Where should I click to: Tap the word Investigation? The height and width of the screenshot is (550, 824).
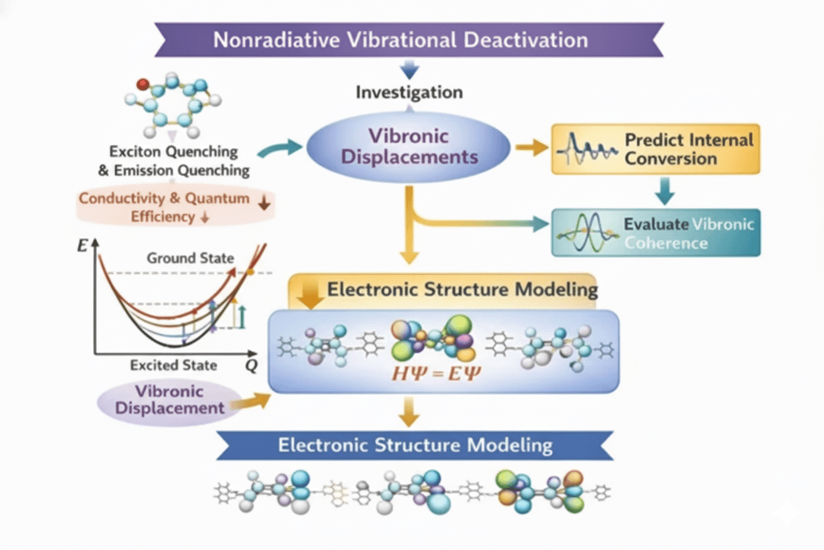[x=409, y=92]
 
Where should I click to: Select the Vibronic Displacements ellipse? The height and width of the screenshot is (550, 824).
[x=409, y=147]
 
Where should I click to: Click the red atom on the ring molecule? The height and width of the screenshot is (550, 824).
[x=142, y=84]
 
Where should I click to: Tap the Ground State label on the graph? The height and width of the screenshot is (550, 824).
[x=190, y=258]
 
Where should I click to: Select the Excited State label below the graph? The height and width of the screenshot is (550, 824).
[x=174, y=365]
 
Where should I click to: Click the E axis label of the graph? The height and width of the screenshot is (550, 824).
[x=83, y=246]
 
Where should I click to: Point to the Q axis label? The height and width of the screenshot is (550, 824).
[x=252, y=365]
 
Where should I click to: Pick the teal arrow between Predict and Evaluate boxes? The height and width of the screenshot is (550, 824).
[x=665, y=191]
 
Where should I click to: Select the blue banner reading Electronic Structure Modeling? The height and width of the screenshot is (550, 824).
[x=415, y=445]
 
